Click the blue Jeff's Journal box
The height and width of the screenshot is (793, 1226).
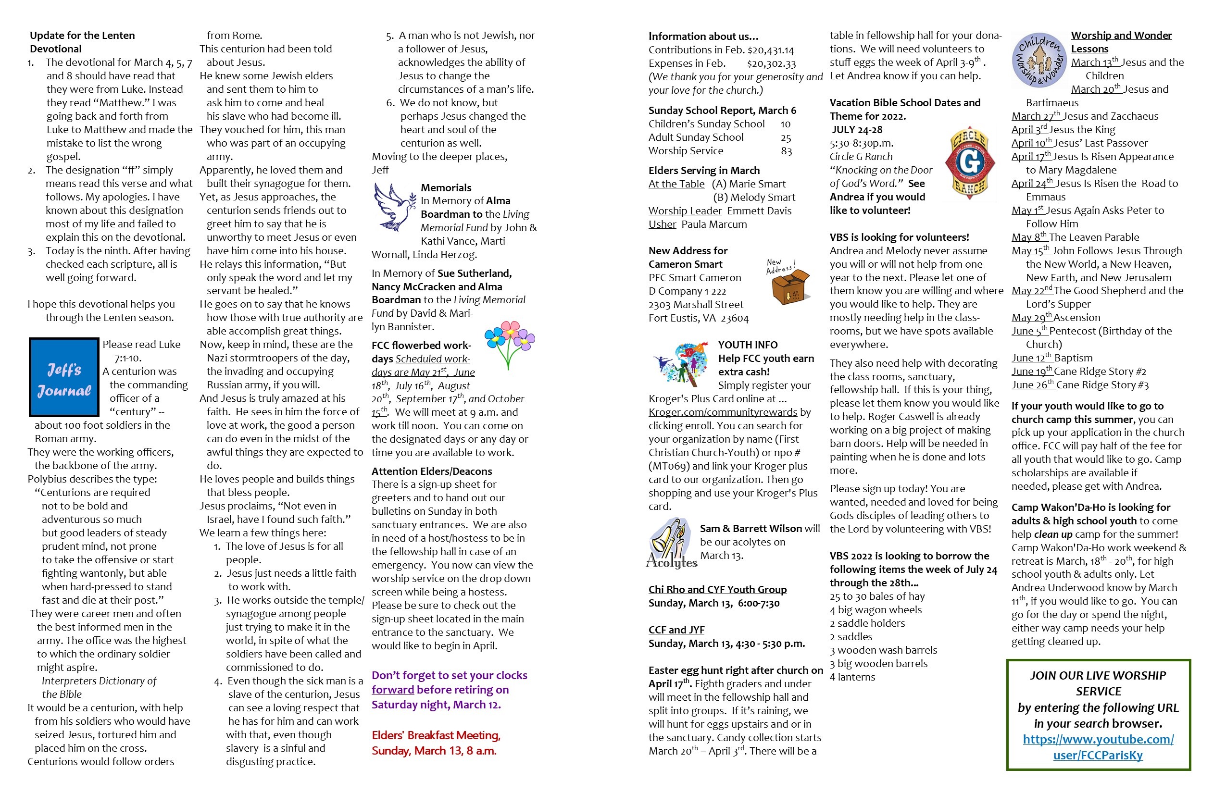(x=64, y=377)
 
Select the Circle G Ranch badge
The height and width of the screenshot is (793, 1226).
(x=969, y=163)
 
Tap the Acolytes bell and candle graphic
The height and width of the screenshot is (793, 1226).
(x=671, y=544)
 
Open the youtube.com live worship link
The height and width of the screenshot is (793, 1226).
(x=1098, y=747)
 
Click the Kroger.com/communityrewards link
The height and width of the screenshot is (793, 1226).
(x=722, y=412)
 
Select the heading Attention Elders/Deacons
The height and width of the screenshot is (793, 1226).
(x=432, y=471)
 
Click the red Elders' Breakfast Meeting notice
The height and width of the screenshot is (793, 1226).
(x=436, y=743)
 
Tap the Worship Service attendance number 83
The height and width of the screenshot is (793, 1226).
(x=786, y=151)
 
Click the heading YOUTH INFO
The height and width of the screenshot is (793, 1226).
(x=748, y=345)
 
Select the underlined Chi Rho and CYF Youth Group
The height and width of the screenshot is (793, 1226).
(x=717, y=590)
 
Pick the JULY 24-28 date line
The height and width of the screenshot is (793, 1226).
(x=857, y=130)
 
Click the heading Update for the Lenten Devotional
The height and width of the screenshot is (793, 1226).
(x=82, y=42)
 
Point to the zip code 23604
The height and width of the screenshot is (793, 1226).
(x=734, y=318)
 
